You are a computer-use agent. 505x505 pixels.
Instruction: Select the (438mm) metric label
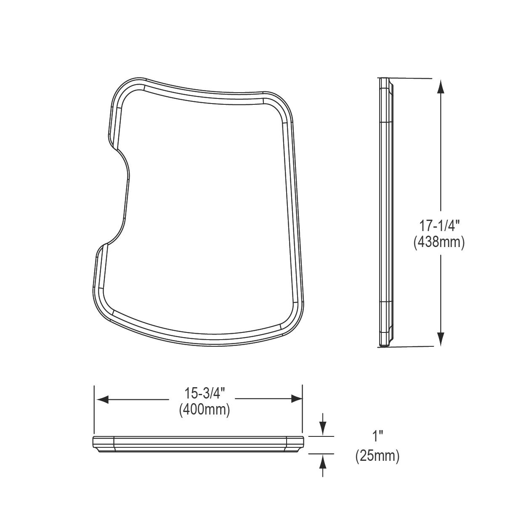(439, 242)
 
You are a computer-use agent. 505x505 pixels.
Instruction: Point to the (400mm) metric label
(204, 409)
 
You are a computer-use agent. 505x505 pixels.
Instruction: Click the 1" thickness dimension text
(377, 436)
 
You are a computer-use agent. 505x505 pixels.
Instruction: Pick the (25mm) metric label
(377, 456)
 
